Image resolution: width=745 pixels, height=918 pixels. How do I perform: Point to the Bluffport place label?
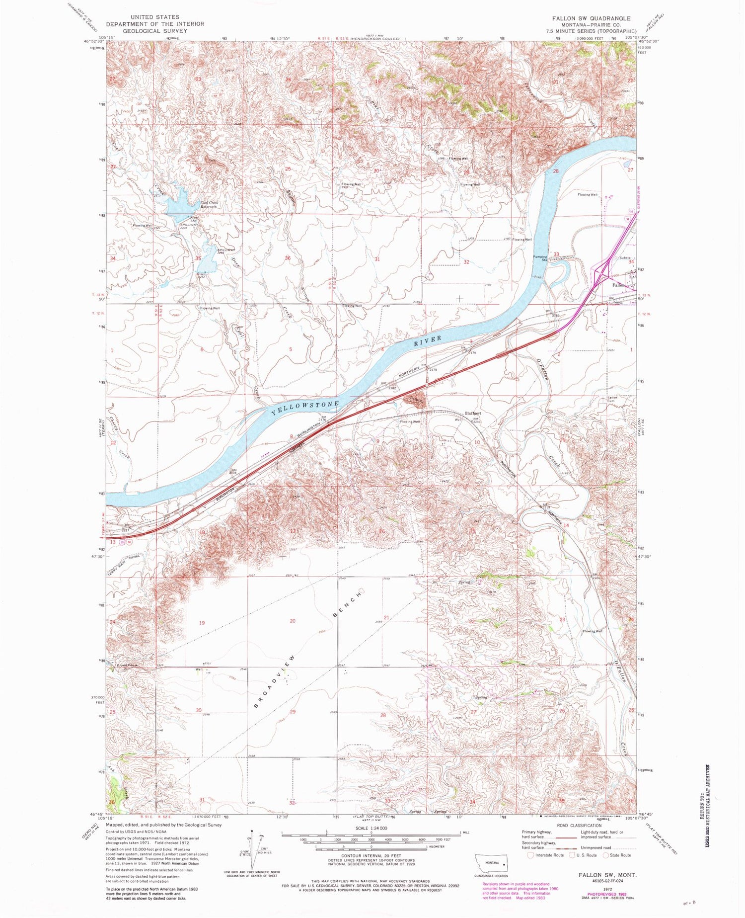472,413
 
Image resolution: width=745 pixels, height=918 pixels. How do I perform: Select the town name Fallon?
618,285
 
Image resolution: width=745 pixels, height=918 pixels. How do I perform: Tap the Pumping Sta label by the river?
540,258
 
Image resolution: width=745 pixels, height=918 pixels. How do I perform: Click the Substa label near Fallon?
625,258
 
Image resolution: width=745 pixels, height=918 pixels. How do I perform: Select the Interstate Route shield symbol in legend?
530,855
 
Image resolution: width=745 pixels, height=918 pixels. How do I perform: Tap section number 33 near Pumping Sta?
556,254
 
